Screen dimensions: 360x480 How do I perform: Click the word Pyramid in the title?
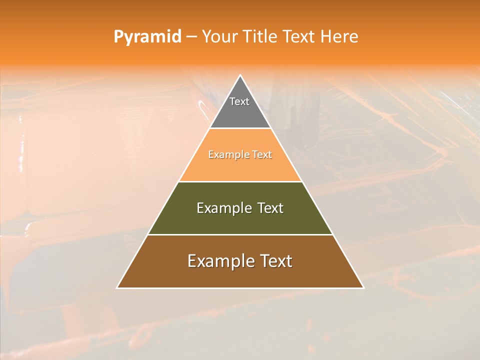click(x=147, y=37)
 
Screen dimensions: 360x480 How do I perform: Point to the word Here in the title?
click(x=339, y=37)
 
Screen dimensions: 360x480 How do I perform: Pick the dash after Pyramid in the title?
click(x=191, y=37)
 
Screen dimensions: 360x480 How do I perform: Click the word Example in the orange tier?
click(x=224, y=155)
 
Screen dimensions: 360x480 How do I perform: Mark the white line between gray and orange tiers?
click(x=240, y=128)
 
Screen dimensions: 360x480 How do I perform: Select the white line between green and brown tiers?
click(x=240, y=234)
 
